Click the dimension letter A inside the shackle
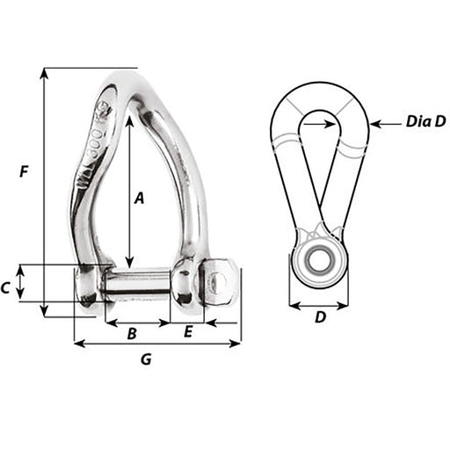click(139, 199)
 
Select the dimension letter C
click(7, 287)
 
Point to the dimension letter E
click(188, 332)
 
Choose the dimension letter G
click(147, 359)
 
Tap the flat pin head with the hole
click(220, 282)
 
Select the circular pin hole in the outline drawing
click(319, 261)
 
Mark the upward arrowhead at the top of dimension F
click(43, 72)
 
